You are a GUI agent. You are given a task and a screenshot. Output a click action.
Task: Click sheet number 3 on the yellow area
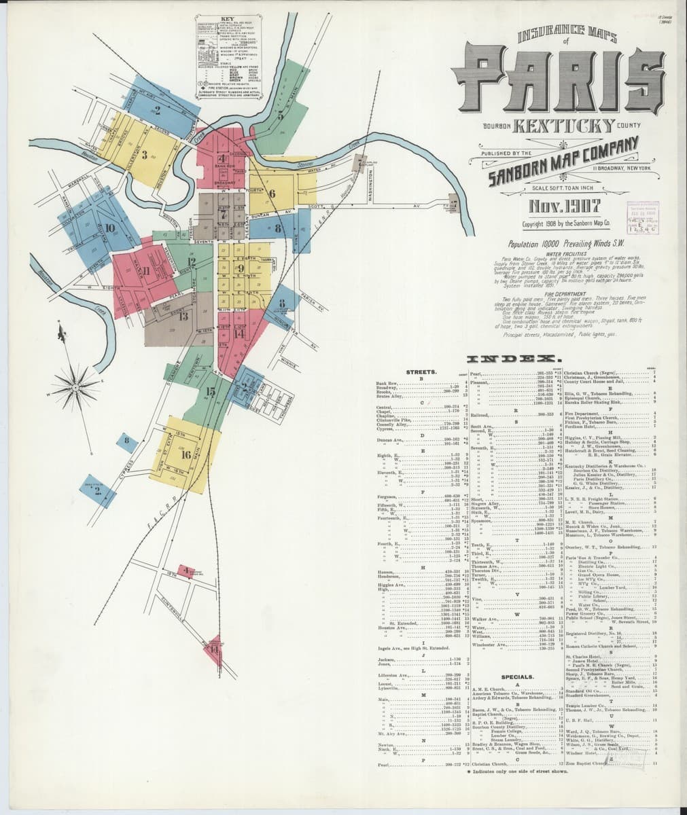coord(145,153)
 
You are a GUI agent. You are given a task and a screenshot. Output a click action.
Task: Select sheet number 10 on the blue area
coord(110,228)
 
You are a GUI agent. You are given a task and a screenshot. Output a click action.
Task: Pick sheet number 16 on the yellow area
coord(186,454)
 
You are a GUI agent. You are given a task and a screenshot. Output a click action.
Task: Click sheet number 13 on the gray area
coord(182,315)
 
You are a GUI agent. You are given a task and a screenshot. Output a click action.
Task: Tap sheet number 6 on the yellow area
coord(271,193)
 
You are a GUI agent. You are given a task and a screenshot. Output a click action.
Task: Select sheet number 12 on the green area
coord(191,261)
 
